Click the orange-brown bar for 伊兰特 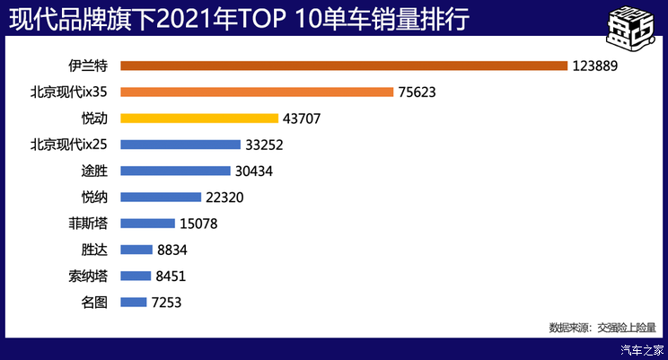point(344,66)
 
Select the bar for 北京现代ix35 point(257,92)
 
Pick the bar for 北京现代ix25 point(180,145)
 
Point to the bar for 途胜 point(175,171)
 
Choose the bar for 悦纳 point(161,197)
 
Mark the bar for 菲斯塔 point(147,224)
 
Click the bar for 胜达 point(136,250)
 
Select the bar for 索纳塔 point(135,277)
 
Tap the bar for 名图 point(133,303)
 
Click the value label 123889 point(597,66)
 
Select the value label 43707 point(302,118)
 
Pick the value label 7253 point(167,303)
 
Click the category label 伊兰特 point(89,66)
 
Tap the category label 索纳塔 point(89,277)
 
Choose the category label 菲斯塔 point(89,224)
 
